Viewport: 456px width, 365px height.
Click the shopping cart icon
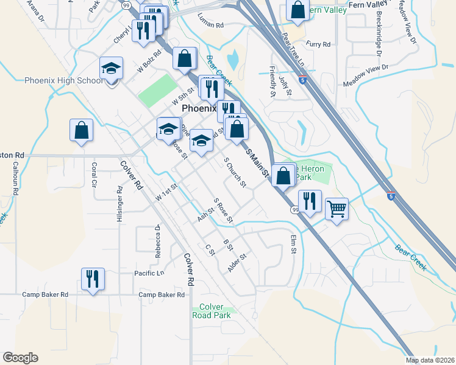(337, 209)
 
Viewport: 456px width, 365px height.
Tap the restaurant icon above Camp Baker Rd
(93, 279)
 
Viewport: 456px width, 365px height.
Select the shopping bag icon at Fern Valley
(296, 10)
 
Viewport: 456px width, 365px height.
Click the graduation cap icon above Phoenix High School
(112, 68)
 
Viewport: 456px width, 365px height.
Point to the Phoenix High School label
(64, 81)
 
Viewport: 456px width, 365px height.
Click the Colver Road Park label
(211, 311)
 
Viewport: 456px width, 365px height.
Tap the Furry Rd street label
(318, 44)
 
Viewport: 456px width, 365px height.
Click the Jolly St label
(284, 83)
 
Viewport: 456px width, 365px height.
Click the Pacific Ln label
(149, 274)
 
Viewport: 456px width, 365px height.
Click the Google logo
(20, 358)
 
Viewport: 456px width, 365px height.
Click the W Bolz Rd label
(149, 61)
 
